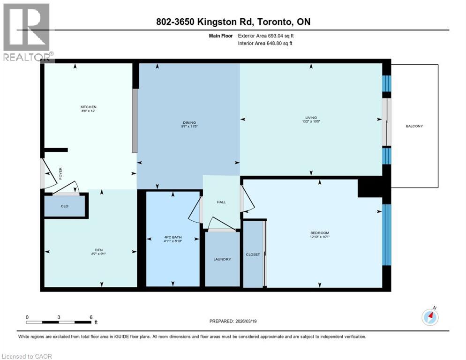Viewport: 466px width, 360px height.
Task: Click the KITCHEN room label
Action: (88, 107)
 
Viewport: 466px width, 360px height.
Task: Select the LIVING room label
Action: (311, 118)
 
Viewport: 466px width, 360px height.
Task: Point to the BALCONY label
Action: (415, 126)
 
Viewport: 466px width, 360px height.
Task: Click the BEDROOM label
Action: (320, 233)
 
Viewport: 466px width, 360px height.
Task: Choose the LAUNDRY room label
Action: (222, 259)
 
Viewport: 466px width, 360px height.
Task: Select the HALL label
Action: (221, 202)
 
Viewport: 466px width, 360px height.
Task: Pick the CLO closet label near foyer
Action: (65, 205)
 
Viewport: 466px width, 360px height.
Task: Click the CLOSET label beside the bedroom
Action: (253, 255)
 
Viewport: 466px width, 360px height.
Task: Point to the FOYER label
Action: (60, 173)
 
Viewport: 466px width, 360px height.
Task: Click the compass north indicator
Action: (429, 317)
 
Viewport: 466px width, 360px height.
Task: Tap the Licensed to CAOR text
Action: (27, 356)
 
